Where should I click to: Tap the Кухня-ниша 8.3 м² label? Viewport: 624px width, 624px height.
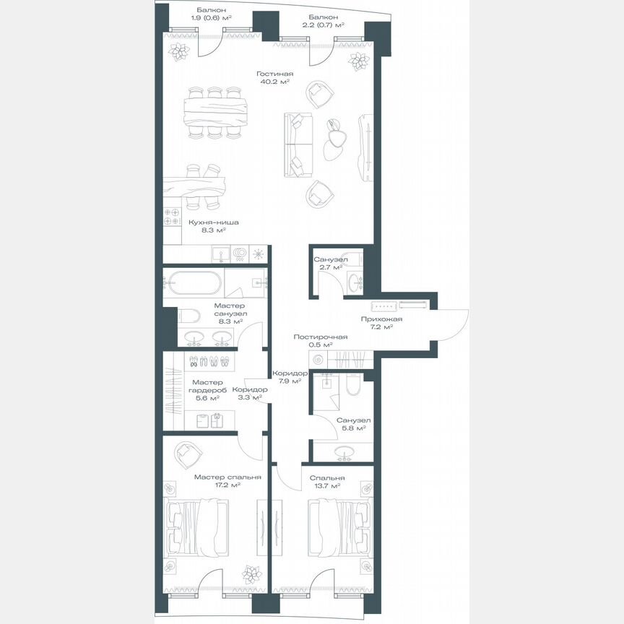click(213, 227)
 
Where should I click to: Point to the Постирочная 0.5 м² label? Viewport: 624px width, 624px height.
click(320, 341)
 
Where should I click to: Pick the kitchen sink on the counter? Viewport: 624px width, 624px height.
click(222, 254)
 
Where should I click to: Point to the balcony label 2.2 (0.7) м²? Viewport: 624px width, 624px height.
click(322, 19)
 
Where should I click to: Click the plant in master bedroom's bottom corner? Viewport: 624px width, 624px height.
click(251, 575)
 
